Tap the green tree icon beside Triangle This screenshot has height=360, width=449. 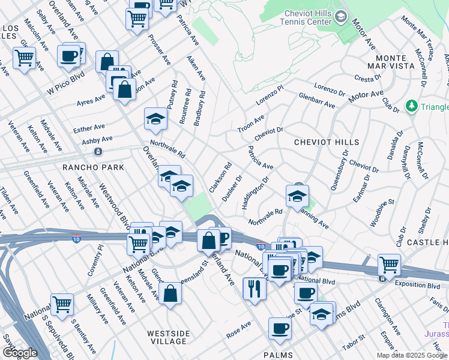coord(412,106)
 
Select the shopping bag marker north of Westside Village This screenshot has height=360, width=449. coord(170,293)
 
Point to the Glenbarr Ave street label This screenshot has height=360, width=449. coord(316,100)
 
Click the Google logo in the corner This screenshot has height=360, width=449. coord(20,353)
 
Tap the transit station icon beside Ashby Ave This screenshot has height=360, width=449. coord(98,151)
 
